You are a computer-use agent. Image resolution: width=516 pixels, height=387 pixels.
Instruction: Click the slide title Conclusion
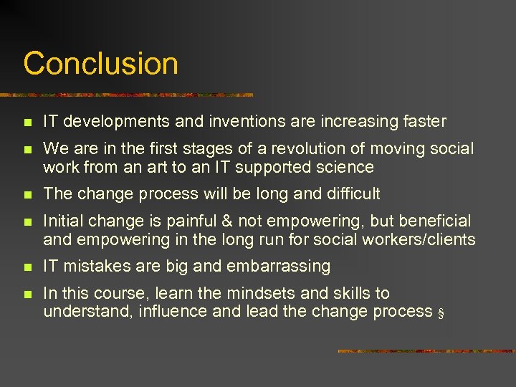[100, 64]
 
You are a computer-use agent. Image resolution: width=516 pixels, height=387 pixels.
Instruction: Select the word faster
[422, 122]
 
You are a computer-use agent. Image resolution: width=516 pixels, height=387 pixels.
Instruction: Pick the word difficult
[351, 194]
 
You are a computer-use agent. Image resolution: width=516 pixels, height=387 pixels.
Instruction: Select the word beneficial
[431, 221]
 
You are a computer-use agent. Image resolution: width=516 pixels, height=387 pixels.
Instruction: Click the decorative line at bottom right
[426, 350]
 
